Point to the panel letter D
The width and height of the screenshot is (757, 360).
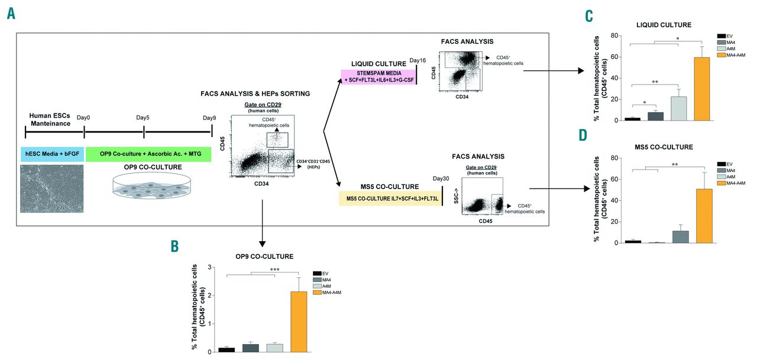tap(583, 135)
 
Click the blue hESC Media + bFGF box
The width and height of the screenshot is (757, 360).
tap(52, 154)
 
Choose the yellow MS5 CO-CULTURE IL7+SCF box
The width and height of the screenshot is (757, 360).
tap(388, 197)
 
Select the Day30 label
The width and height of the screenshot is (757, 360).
tap(442, 179)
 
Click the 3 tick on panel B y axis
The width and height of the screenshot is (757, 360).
tap(209, 267)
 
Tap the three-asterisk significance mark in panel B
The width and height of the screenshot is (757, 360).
tap(274, 270)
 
